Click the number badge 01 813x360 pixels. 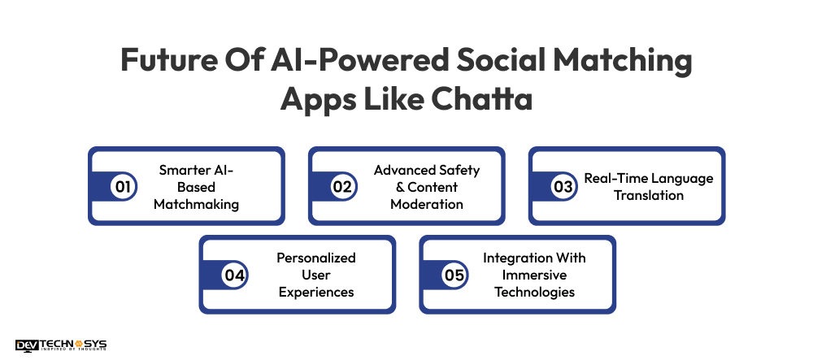point(122,187)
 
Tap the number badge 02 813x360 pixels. point(342,187)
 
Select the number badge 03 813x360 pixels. point(563,187)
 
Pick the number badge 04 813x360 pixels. point(234,275)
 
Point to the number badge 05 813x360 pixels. point(454,275)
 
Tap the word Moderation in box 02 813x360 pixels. point(426,204)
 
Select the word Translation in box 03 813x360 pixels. point(649,195)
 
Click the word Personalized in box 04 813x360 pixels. point(316,258)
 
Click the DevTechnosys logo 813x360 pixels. point(61,345)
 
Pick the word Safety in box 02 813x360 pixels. point(459,170)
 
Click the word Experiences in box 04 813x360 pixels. point(316,292)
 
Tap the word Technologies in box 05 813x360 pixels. point(534,292)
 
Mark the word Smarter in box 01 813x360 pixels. point(185,170)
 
